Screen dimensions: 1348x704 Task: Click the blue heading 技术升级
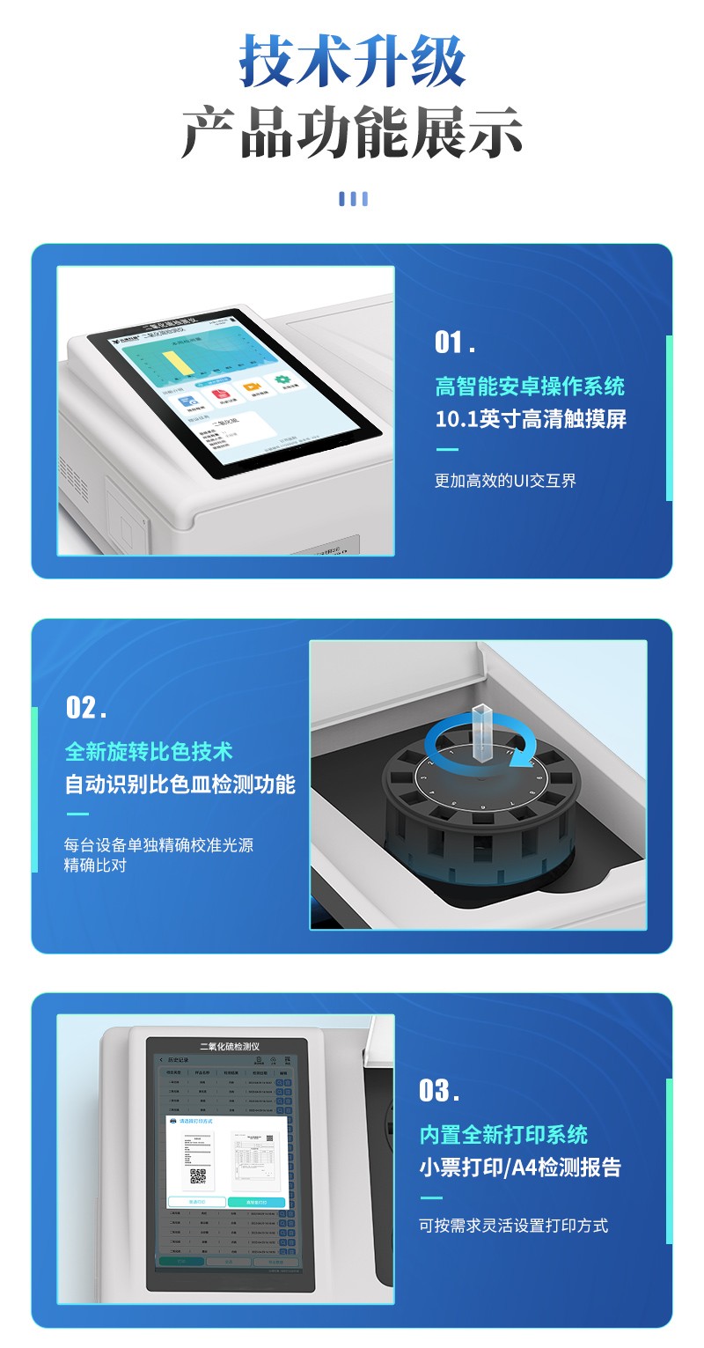(x=352, y=62)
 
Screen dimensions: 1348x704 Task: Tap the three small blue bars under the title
(x=353, y=199)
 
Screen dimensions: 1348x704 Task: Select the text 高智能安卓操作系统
(x=530, y=386)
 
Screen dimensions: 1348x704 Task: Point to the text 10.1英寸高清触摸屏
(x=531, y=419)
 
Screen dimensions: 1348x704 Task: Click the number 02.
(x=86, y=707)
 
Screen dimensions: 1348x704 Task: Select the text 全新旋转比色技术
(x=149, y=751)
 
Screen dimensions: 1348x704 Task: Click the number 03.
(x=439, y=1091)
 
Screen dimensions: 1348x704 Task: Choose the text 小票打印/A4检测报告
(x=520, y=1168)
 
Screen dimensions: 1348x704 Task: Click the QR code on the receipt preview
(x=198, y=1175)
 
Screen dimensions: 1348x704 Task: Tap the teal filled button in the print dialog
(x=256, y=1202)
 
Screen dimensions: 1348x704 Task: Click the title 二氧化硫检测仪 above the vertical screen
(x=230, y=1046)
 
